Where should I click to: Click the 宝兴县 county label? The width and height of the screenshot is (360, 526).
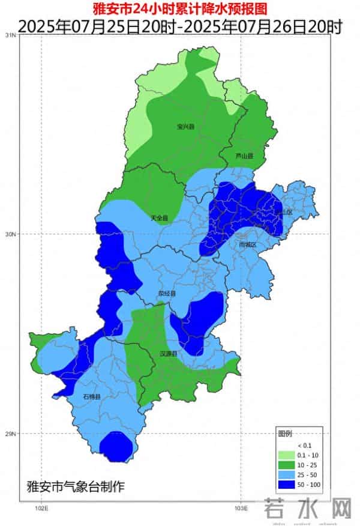pos(186,127)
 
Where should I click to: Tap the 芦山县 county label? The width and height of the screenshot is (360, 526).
pos(244,156)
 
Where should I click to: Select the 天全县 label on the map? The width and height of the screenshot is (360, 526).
pos(159,218)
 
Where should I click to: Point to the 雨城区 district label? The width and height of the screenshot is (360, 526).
pos(247,245)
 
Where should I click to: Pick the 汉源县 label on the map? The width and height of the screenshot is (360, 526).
pos(169,354)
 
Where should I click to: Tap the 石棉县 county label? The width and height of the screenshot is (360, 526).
pos(91,396)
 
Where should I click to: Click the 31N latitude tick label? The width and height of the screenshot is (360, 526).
pos(10,35)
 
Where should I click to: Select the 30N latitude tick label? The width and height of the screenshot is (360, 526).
pos(10,234)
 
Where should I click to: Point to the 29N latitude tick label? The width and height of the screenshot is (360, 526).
pos(10,434)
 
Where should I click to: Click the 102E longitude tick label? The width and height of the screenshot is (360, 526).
pos(41,509)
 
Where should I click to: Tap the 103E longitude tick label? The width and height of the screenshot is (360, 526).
pos(240,509)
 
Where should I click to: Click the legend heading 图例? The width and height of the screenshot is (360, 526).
pos(284,434)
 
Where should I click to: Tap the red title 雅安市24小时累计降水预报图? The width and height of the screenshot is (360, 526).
pos(179,9)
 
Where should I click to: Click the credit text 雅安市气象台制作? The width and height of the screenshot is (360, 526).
pos(76,486)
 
